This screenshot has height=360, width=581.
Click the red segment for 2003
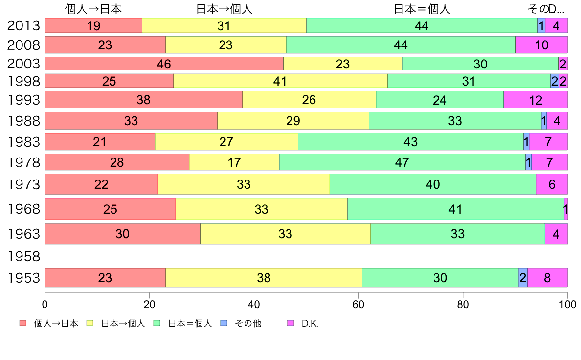tap(164, 64)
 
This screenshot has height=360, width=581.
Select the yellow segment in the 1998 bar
tap(280, 81)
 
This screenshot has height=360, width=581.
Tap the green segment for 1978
tap(402, 162)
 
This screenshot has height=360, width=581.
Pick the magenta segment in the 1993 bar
tap(536, 100)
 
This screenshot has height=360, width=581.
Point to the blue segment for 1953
tap(523, 278)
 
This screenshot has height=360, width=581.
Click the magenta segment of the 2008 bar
tap(541, 45)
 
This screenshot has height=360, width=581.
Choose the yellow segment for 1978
tap(234, 162)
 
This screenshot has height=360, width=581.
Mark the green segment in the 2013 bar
tap(422, 26)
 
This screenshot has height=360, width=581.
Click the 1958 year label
tap(23, 256)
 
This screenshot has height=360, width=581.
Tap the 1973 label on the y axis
tap(23, 185)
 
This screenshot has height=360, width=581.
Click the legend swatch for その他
tap(223, 323)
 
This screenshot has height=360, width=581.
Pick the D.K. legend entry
tap(310, 323)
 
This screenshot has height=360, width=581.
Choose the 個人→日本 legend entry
tap(56, 323)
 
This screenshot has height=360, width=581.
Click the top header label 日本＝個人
tap(422, 9)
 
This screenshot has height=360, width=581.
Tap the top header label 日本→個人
tap(224, 9)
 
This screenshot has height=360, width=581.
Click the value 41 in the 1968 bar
tap(455, 209)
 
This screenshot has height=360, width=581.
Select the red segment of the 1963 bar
tap(122, 234)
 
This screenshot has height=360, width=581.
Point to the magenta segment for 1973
tap(552, 184)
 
